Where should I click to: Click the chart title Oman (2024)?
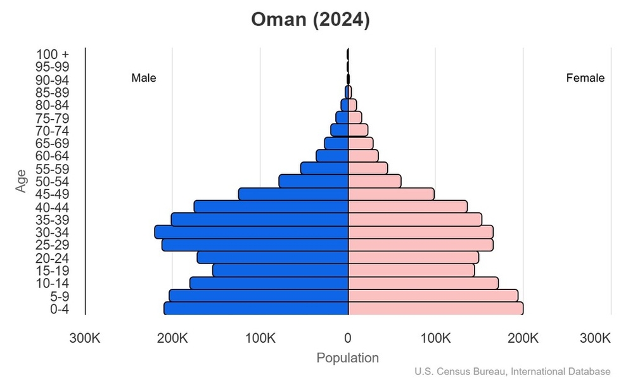coord(310,20)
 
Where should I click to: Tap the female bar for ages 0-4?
coord(435,308)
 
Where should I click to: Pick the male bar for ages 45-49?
coord(293,194)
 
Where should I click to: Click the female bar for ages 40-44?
coord(407,206)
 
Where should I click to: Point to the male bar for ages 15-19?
coord(280,270)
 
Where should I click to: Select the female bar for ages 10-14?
coord(423,283)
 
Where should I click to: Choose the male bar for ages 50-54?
coord(314,181)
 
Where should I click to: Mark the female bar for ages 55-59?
coord(368,168)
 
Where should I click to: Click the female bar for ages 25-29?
coord(421,245)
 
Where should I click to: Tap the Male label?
coord(144,79)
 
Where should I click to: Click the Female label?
coord(585,79)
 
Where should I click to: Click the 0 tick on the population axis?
coord(348,338)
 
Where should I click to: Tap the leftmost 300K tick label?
coord(84,338)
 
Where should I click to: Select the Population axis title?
coord(347,358)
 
